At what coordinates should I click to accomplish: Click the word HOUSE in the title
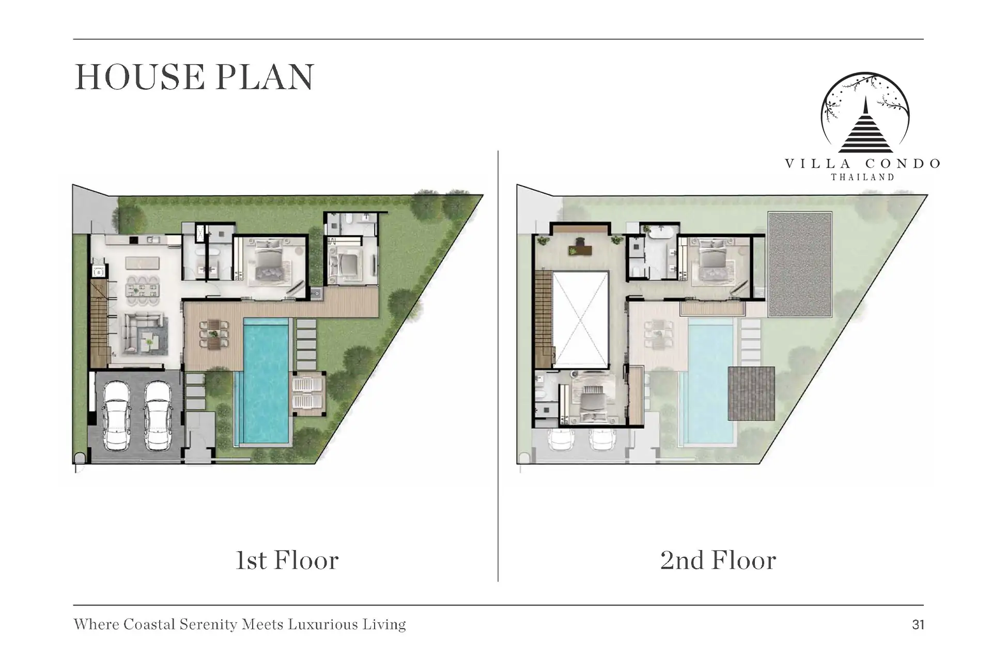(139, 77)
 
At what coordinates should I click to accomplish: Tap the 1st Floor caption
(287, 560)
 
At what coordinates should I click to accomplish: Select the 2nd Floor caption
(718, 560)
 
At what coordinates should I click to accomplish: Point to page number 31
(918, 625)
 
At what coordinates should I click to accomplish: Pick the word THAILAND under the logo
(862, 177)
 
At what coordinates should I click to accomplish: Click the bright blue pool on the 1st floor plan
(266, 381)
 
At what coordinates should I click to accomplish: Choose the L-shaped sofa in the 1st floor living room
(145, 334)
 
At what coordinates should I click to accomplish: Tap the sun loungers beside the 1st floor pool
(308, 394)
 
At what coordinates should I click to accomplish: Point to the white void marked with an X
(581, 320)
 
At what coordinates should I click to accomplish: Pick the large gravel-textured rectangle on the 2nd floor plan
(800, 264)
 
